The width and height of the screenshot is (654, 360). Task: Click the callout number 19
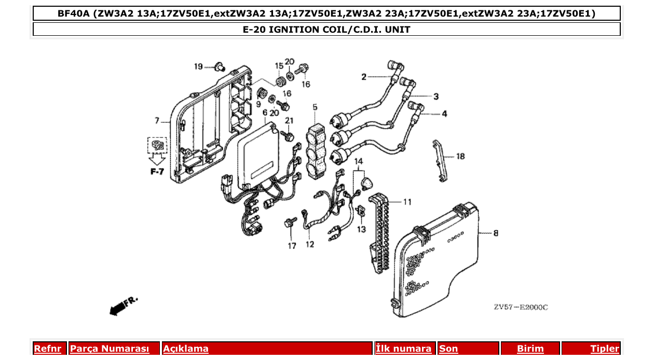pyautogui.click(x=198, y=66)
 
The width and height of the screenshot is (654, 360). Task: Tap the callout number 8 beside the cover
pyautogui.click(x=496, y=233)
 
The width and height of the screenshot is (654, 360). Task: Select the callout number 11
pyautogui.click(x=407, y=202)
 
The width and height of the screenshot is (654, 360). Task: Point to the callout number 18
pyautogui.click(x=460, y=156)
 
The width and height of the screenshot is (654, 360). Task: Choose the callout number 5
pyautogui.click(x=315, y=107)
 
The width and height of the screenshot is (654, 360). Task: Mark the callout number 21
pyautogui.click(x=289, y=121)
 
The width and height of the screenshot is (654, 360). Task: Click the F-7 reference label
pyautogui.click(x=157, y=172)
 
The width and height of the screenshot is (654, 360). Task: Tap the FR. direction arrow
pyautogui.click(x=124, y=306)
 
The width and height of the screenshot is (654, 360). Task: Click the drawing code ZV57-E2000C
pyautogui.click(x=520, y=307)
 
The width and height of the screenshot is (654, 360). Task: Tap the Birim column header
pyautogui.click(x=530, y=349)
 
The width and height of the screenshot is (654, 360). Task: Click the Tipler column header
pyautogui.click(x=605, y=349)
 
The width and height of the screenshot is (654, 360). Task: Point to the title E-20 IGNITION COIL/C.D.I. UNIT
pyautogui.click(x=326, y=30)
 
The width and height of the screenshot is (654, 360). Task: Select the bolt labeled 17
pyautogui.click(x=287, y=224)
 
